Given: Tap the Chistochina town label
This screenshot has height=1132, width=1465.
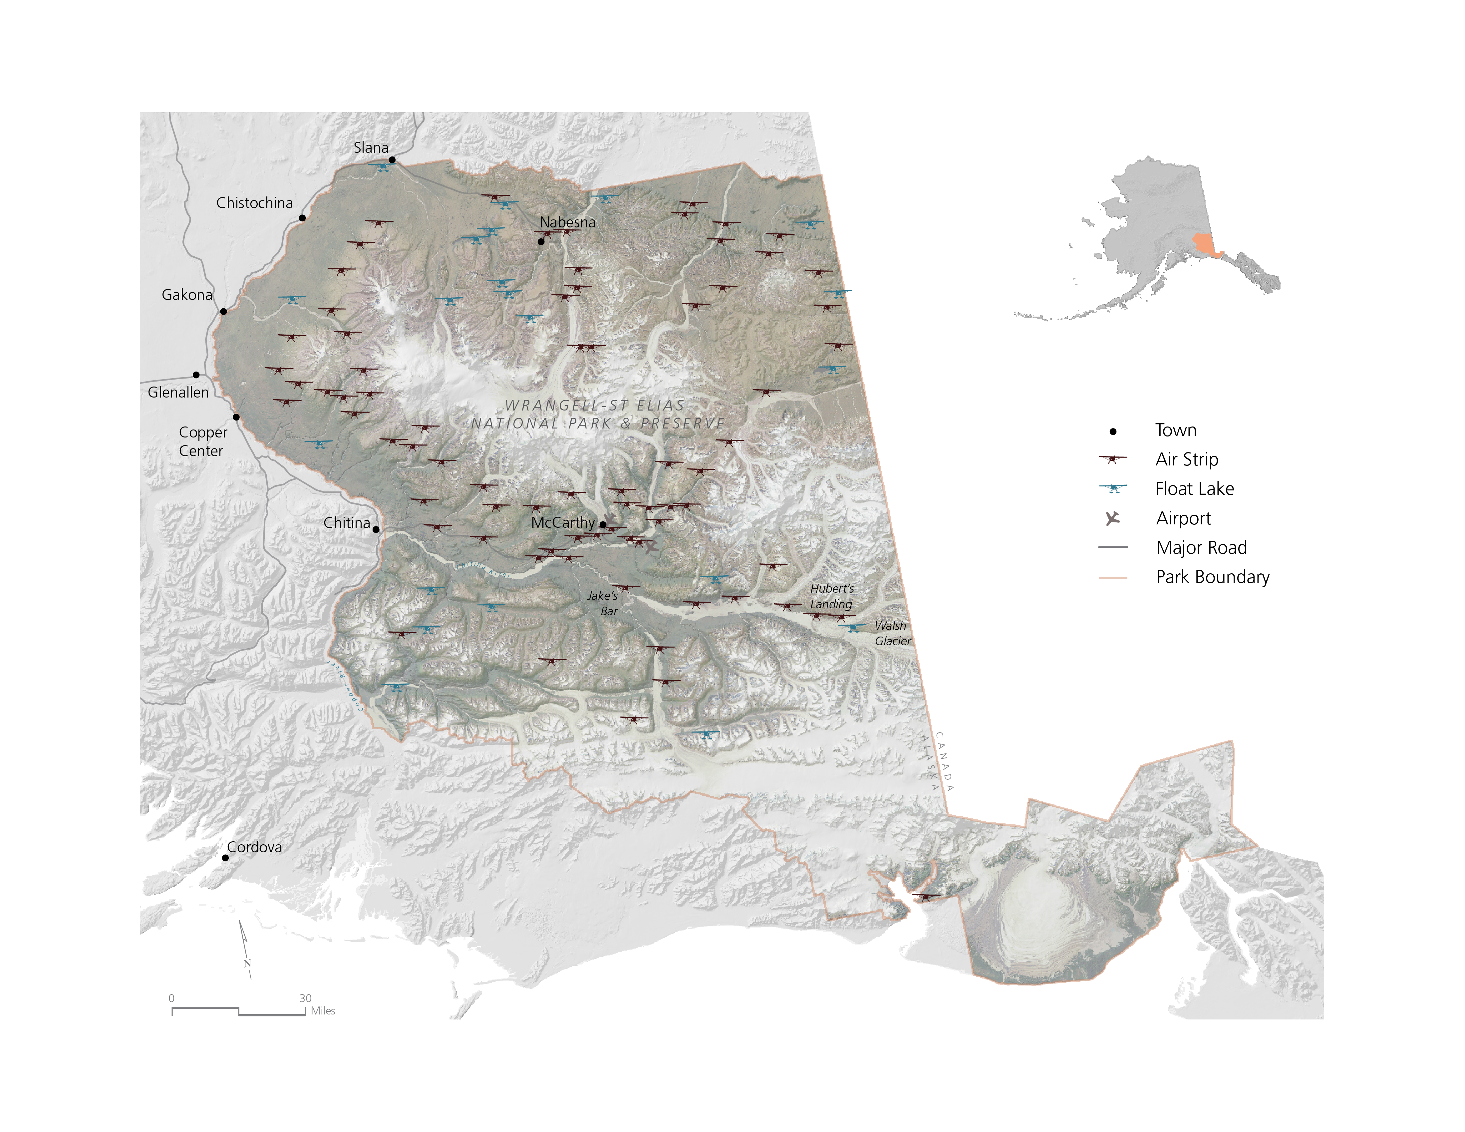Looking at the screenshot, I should (254, 202).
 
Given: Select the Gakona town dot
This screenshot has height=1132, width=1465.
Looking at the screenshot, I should (223, 311).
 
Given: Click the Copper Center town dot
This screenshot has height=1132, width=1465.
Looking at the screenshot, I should (236, 417).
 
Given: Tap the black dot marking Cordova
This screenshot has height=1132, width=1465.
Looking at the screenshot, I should (225, 858).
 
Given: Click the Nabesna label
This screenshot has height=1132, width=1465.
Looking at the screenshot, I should (567, 222).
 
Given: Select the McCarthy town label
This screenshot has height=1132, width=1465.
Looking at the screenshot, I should (563, 522).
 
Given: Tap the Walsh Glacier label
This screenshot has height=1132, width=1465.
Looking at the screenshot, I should (892, 633).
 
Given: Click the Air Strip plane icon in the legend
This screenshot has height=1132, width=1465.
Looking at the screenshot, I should (1113, 459).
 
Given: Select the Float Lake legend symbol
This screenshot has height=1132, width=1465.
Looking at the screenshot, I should (1113, 488).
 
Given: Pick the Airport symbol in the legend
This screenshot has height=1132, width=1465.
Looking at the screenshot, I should (1113, 518).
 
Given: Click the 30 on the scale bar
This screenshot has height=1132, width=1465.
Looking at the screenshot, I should (305, 998).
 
